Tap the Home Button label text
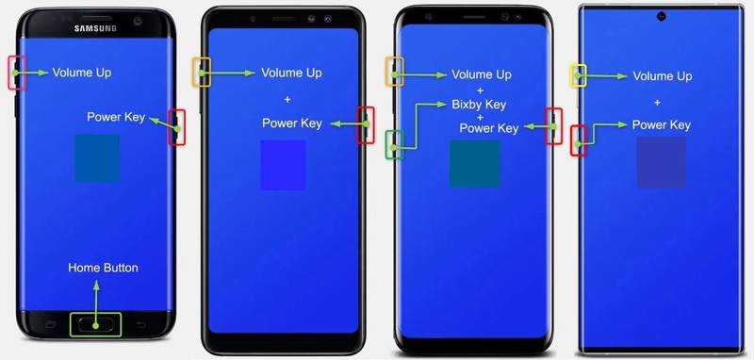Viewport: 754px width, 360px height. click(103, 268)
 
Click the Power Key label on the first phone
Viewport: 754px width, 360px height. click(116, 117)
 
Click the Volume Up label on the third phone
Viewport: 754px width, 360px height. click(482, 74)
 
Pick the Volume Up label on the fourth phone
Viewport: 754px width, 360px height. click(663, 76)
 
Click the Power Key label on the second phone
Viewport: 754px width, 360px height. click(292, 123)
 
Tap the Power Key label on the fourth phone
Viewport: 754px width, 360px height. click(661, 124)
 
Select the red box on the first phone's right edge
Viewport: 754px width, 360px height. click(176, 126)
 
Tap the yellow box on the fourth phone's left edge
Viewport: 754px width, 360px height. click(579, 76)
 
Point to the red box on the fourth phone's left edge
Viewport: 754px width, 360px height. click(579, 140)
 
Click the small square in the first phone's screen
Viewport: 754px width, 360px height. click(97, 158)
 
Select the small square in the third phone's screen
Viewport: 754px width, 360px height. click(475, 164)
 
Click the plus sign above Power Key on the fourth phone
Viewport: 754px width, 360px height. click(657, 101)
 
